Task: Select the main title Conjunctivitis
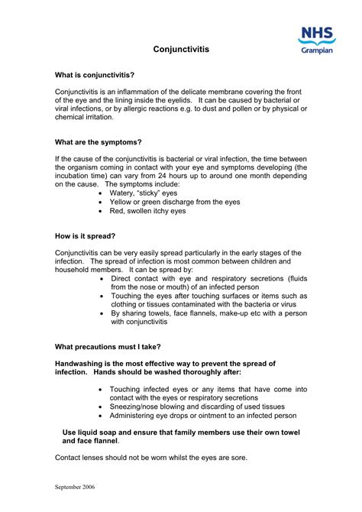tap(180, 49)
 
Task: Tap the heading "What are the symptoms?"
tap(99, 141)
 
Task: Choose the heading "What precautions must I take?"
tap(108, 346)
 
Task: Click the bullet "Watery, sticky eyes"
tap(146, 194)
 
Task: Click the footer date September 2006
tap(76, 486)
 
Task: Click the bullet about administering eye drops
tap(202, 416)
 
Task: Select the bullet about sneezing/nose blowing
tap(197, 407)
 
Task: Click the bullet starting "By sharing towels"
tap(208, 313)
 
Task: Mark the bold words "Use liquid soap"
tap(91, 433)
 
